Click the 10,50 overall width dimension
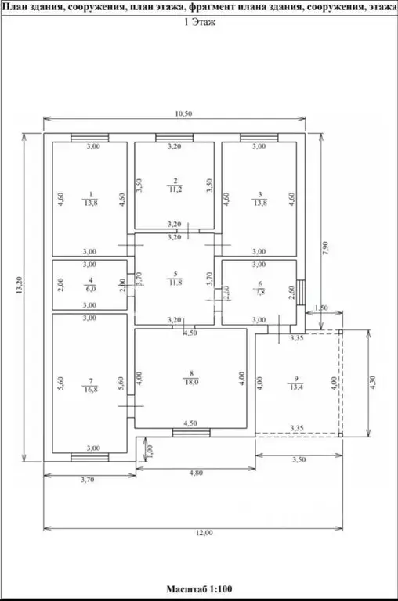point(183,113)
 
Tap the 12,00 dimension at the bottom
point(204,533)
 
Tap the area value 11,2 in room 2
point(175,189)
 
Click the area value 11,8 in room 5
point(175,283)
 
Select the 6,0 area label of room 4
point(91,288)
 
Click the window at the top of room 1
point(90,139)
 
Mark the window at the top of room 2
point(174,139)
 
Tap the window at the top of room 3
point(259,139)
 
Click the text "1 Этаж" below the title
point(198,23)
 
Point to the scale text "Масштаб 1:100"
point(199,588)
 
